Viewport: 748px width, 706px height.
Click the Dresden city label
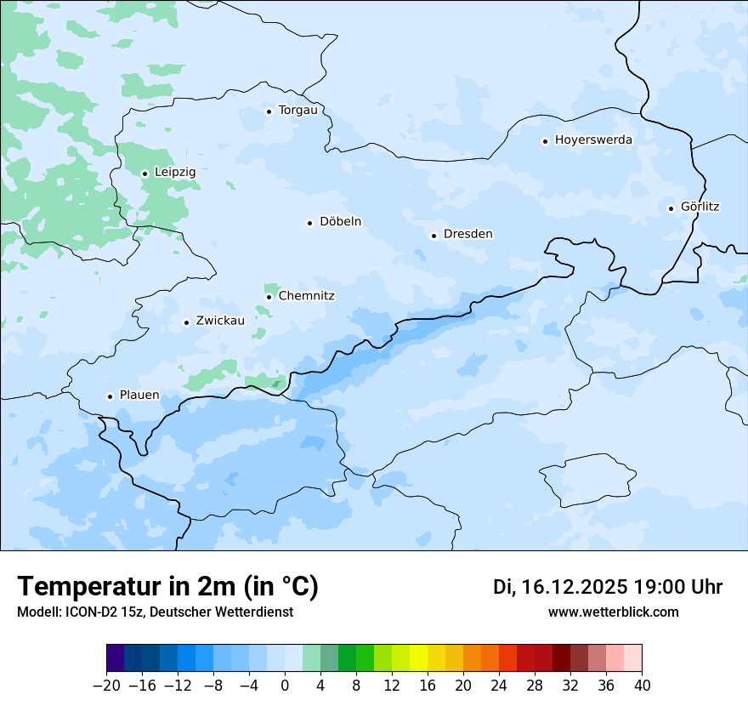coord(467,234)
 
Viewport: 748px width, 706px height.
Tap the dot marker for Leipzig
coord(145,174)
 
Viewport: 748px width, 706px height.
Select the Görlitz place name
coord(700,207)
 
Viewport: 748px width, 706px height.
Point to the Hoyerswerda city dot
coord(546,141)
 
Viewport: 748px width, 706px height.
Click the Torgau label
coord(297,110)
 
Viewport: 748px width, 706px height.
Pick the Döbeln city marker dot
coord(310,223)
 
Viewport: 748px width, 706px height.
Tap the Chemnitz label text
coord(306,296)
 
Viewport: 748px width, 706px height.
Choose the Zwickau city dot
coord(187,322)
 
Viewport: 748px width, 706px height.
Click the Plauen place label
coord(139,396)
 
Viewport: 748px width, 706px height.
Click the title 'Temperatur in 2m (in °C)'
coord(167,586)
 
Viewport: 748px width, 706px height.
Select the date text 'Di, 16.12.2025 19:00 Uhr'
coord(608,587)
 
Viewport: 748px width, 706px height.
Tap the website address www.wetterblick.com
coord(613,612)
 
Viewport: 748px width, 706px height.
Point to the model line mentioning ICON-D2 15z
coord(155,612)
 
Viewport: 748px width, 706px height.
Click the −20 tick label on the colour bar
coord(106,686)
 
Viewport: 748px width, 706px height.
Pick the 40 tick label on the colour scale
coord(642,686)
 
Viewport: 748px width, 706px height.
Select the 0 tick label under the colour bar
coord(285,686)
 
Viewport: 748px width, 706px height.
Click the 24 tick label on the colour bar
coord(499,686)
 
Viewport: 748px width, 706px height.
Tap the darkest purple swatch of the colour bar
coord(116,658)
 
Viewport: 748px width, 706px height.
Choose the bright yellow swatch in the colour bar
coord(418,658)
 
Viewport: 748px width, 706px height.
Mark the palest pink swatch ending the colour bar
coord(633,658)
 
